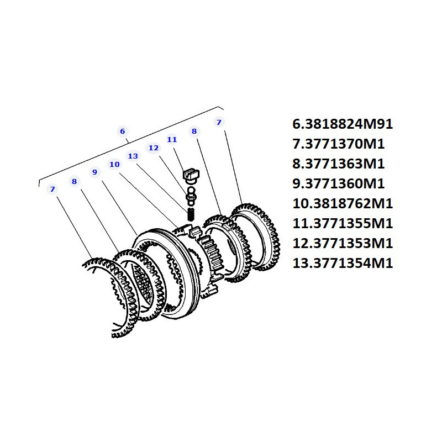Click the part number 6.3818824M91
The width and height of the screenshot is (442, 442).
point(343,124)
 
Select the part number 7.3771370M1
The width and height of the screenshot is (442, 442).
point(338,144)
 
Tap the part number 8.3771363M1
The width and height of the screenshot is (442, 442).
point(338,164)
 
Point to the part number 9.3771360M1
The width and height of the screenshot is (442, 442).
point(338,184)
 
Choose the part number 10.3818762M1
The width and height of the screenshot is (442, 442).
point(343,203)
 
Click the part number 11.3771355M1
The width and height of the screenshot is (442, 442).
point(343,224)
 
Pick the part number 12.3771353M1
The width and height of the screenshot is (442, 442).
point(343,243)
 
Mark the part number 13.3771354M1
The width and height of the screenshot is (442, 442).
point(343,264)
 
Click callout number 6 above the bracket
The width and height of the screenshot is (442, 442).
point(122,131)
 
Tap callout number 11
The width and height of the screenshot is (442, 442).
point(172,140)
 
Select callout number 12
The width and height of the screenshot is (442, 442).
point(154,148)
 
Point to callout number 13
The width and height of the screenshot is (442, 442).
point(133,156)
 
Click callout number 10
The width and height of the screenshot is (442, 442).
point(114,164)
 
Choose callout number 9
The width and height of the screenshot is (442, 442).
point(94,172)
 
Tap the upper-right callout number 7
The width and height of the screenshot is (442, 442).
point(219,122)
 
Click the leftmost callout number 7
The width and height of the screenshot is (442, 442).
point(52,189)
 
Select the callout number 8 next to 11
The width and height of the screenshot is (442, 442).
point(194,131)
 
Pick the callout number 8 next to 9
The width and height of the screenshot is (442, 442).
point(75,181)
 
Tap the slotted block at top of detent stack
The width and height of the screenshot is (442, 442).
point(191,174)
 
